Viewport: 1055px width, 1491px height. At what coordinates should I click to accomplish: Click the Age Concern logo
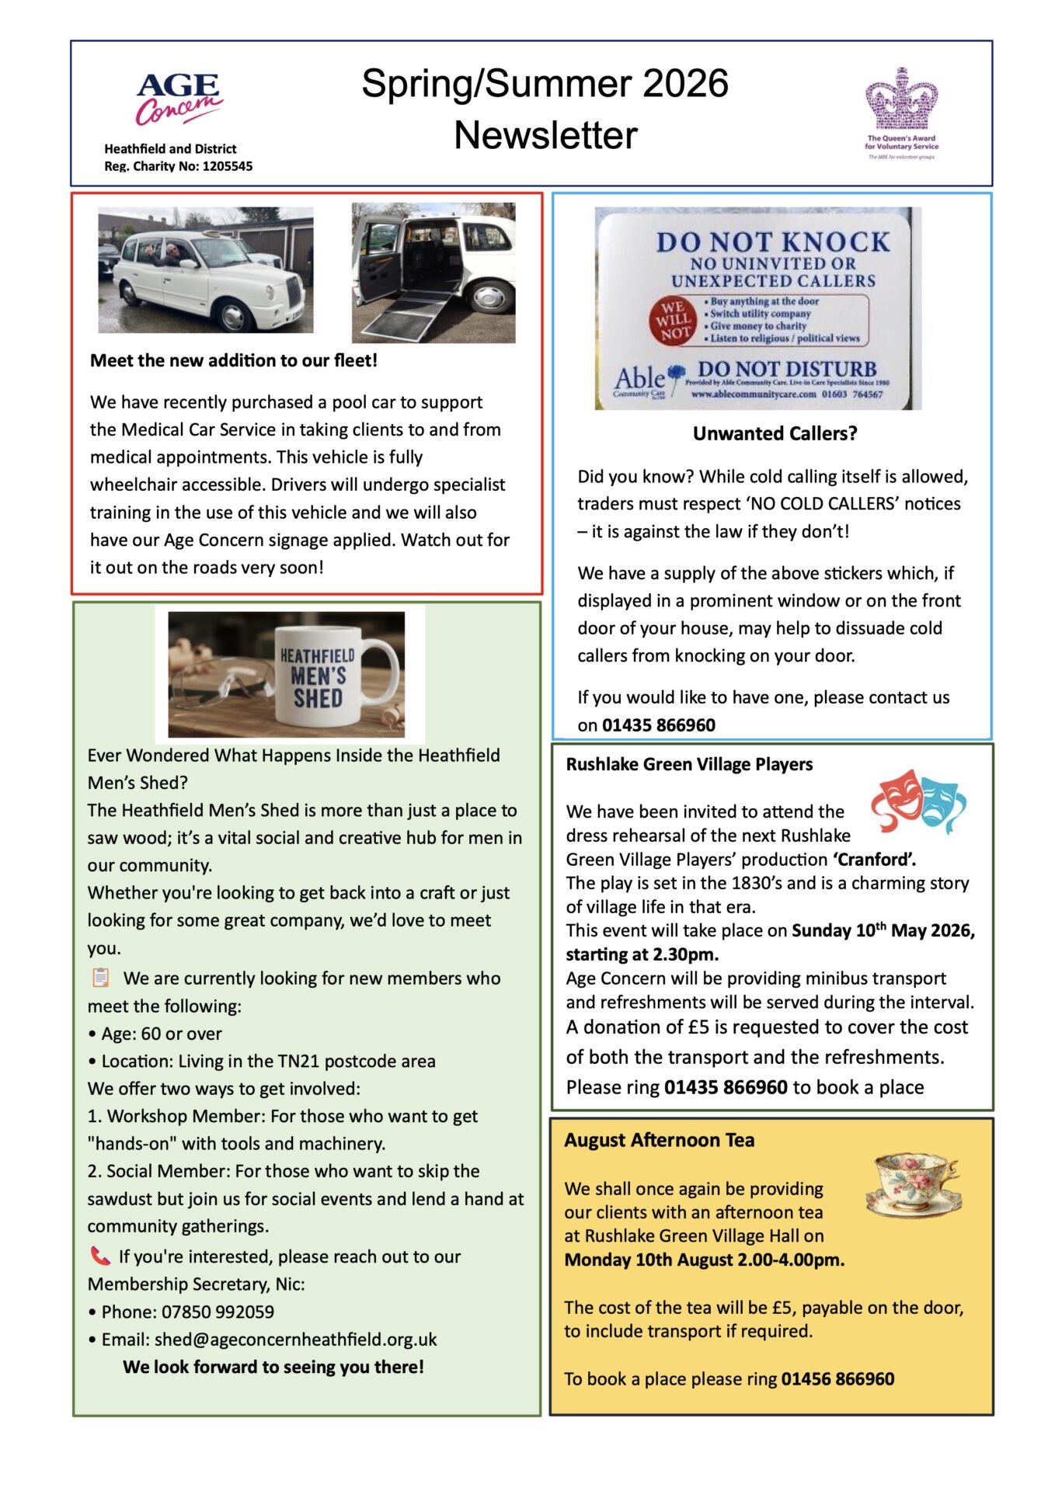(x=179, y=99)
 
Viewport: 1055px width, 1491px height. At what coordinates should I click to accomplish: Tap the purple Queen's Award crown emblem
(x=901, y=99)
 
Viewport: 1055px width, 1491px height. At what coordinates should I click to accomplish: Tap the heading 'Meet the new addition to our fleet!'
(x=234, y=360)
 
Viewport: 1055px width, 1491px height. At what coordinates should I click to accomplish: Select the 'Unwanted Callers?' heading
(x=775, y=433)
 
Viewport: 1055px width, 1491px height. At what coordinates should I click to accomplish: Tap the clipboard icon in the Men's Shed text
(x=101, y=977)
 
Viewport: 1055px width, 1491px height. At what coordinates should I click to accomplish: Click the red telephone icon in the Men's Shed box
(x=100, y=1256)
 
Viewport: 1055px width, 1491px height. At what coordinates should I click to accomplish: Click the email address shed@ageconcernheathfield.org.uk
(x=295, y=1340)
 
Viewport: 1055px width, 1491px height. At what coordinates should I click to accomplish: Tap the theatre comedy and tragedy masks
(x=917, y=801)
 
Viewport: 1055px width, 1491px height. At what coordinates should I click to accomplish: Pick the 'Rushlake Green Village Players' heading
(x=689, y=764)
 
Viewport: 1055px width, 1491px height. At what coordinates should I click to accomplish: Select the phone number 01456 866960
(x=837, y=1379)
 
